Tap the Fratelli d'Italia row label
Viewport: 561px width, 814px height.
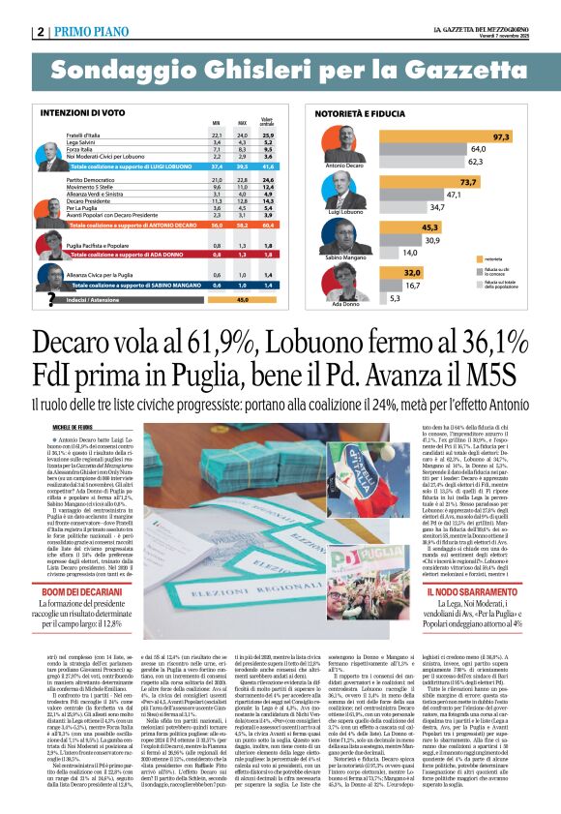tap(88, 135)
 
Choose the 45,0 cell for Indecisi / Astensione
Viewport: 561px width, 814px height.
tap(243, 299)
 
